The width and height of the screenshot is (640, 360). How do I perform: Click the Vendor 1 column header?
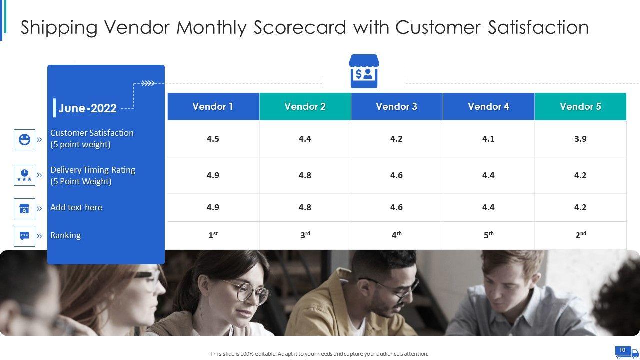click(x=213, y=106)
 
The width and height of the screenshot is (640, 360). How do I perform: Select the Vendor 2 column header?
click(x=305, y=106)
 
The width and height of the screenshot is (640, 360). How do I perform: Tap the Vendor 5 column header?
click(x=580, y=106)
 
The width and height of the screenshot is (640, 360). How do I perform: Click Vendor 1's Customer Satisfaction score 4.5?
click(x=213, y=139)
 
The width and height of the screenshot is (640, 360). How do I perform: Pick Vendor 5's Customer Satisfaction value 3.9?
click(x=580, y=139)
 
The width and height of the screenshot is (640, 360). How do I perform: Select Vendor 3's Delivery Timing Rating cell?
click(x=397, y=175)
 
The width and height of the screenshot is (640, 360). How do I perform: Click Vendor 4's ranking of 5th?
click(x=489, y=235)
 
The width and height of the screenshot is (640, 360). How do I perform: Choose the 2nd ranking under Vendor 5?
click(x=581, y=235)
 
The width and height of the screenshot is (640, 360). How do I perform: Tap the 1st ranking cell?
click(x=213, y=235)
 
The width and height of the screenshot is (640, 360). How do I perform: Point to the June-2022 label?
click(x=87, y=108)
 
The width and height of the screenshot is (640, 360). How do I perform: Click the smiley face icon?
click(x=24, y=139)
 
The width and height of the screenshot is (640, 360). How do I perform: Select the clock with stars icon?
click(x=24, y=175)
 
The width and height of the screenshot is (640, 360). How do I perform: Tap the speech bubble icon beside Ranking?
click(x=24, y=236)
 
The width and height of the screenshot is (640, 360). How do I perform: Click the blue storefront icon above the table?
click(x=364, y=71)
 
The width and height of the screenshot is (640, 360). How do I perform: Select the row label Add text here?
click(x=76, y=207)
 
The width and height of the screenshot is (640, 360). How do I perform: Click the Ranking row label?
click(x=65, y=235)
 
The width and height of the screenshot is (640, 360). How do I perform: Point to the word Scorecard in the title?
click(x=300, y=27)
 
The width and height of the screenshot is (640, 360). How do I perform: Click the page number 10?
click(x=622, y=350)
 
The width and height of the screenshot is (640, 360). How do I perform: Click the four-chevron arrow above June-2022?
click(x=148, y=83)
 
